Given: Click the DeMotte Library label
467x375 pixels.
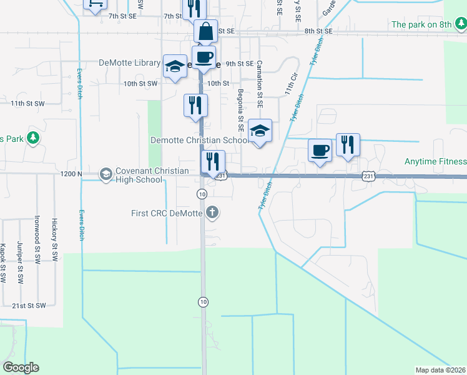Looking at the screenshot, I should coord(129,63).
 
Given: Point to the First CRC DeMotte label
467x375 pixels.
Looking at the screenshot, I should coord(167,213).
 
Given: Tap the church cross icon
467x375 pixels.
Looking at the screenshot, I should coord(213,212).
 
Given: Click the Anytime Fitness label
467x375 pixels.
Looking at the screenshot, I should coord(435,161).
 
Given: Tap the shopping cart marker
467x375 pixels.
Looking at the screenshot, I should coord(96,5).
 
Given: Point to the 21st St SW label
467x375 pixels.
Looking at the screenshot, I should coord(29,306).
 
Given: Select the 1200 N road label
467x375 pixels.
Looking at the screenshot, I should coord(71,174).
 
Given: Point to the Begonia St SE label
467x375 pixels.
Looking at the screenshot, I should coord(240,106).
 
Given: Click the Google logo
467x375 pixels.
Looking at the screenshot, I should coord(21,367).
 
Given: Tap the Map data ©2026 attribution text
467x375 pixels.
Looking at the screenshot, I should coord(440,370).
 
